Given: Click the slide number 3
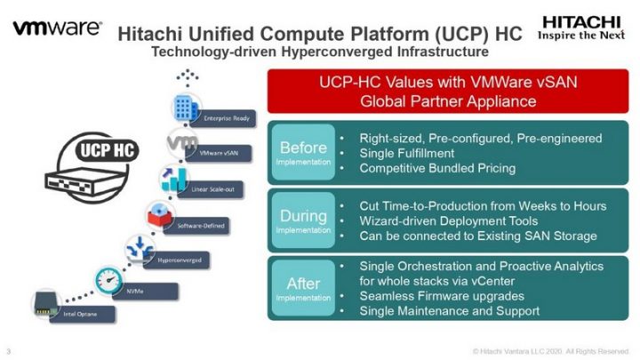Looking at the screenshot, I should (x=8, y=349).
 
